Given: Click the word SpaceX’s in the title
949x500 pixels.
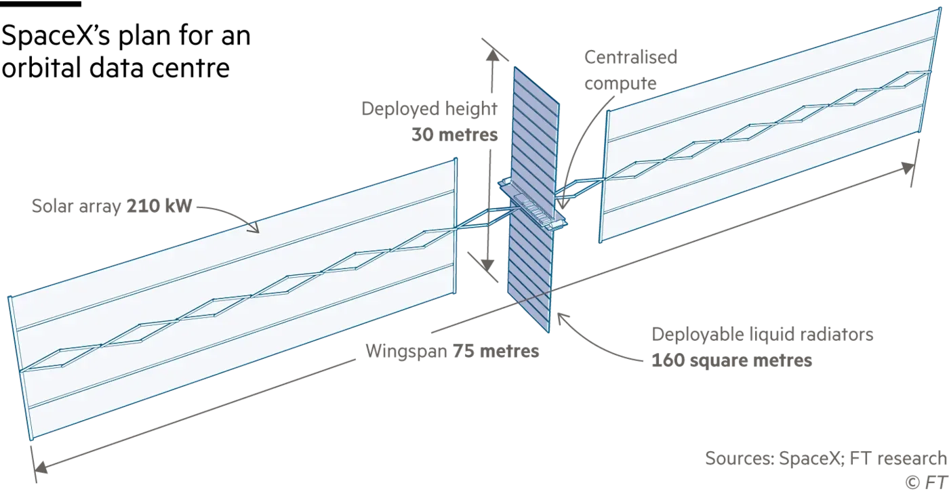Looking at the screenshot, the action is click(56, 35).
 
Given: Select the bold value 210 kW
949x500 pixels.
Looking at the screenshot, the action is click(159, 206).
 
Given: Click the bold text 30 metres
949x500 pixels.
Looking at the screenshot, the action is click(455, 135).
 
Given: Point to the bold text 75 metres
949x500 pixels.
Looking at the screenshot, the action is click(496, 351).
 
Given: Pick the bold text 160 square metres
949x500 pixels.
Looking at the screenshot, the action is click(731, 360).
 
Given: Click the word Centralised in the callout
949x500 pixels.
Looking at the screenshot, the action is click(631, 57).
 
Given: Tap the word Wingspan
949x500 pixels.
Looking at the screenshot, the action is click(406, 352).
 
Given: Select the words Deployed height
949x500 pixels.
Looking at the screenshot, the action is click(429, 109).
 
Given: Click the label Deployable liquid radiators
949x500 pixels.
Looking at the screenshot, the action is click(762, 335).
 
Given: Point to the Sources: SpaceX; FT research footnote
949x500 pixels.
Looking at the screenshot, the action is click(826, 459).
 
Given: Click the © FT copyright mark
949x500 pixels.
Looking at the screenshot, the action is click(926, 482).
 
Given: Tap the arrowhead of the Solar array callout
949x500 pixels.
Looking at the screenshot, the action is click(255, 228).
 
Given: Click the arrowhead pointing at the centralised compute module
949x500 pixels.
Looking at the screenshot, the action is click(563, 204).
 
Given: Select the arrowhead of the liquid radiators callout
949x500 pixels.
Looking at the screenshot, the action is click(563, 318).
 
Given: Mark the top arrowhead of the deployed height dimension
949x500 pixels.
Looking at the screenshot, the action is click(492, 56).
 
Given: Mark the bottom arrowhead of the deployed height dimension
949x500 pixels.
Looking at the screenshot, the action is click(487, 265).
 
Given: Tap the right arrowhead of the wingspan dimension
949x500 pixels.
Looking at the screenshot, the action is click(908, 167).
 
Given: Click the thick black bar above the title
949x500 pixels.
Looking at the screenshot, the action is click(41, 4).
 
